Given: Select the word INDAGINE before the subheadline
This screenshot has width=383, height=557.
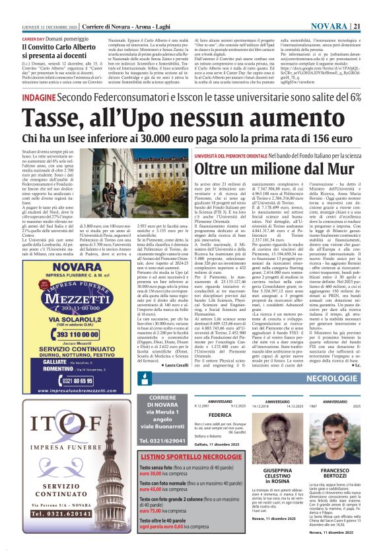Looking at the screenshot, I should tap(38, 97).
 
